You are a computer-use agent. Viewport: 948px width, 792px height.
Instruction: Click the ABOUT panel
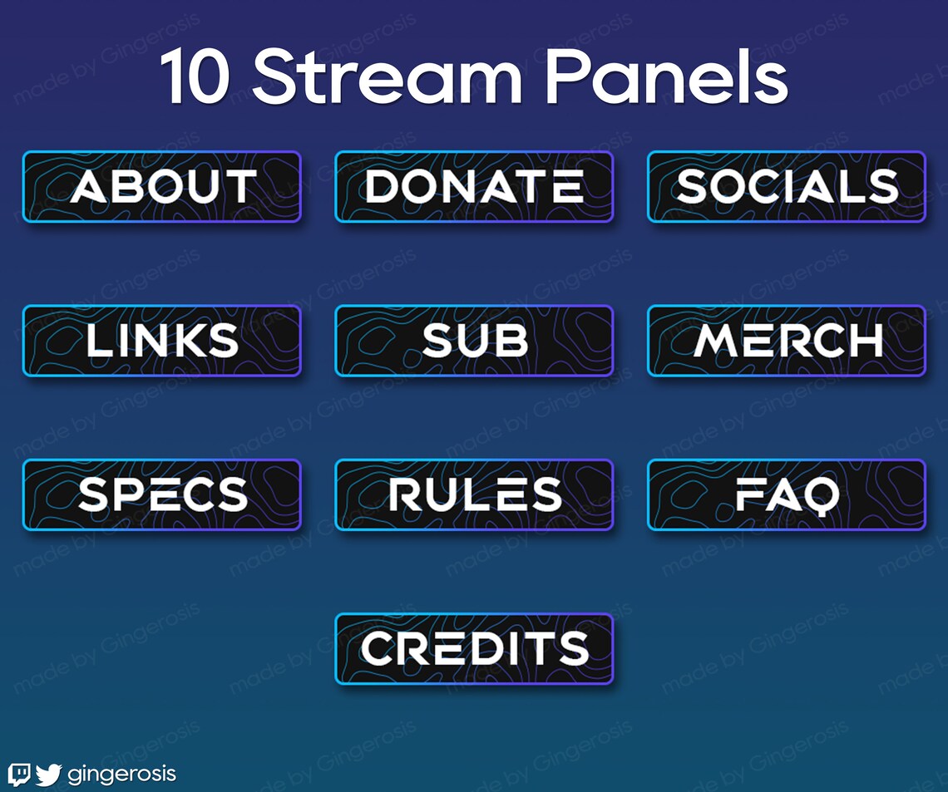point(162,187)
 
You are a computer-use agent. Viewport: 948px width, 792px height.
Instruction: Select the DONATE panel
point(474,187)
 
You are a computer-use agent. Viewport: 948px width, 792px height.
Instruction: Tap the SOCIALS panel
point(787,187)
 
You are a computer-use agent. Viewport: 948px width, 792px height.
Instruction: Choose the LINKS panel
point(162,341)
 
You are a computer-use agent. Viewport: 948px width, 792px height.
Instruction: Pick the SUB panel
point(474,341)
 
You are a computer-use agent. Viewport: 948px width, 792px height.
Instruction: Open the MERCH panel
point(787,341)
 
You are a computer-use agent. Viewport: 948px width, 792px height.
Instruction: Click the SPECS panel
point(162,495)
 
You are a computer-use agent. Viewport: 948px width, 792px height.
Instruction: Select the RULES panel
point(474,495)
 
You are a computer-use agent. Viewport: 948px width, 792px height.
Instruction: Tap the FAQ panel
point(787,495)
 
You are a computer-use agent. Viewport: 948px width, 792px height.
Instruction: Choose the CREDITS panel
point(474,649)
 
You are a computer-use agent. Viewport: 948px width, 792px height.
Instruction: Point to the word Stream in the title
point(387,76)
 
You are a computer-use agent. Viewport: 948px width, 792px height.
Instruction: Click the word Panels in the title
point(665,76)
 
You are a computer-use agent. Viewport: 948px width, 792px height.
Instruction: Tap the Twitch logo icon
point(19,775)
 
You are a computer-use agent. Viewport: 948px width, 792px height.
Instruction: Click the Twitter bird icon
point(48,775)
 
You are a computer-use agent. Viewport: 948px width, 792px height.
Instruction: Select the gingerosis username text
point(121,775)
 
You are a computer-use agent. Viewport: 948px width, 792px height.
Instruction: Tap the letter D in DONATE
point(383,187)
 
